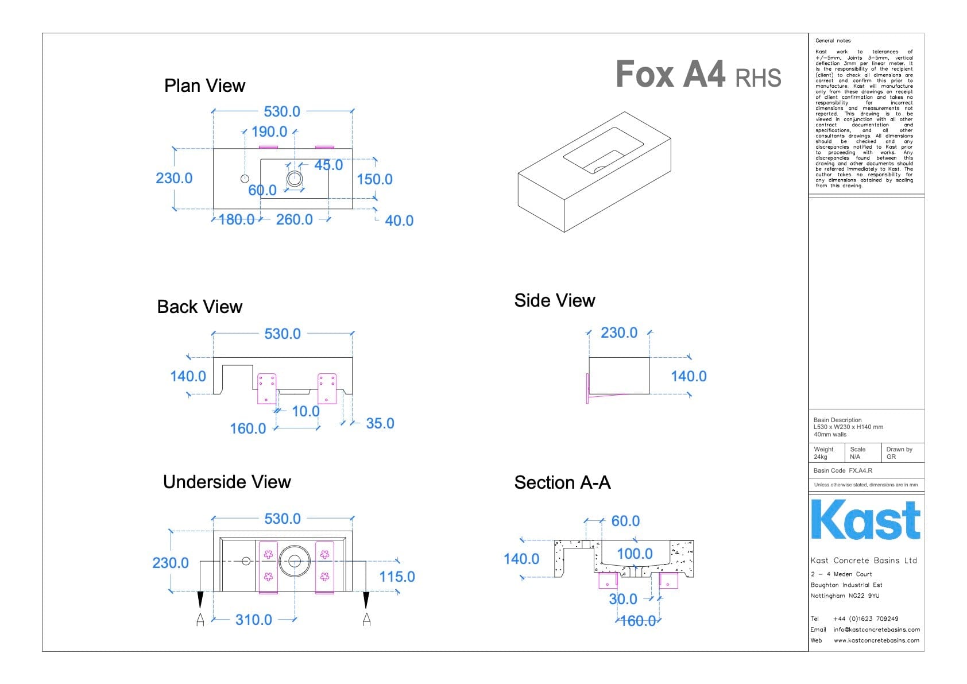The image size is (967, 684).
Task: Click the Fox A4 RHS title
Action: point(698,75)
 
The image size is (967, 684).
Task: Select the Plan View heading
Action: point(204,86)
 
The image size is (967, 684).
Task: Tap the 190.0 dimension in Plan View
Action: point(269,132)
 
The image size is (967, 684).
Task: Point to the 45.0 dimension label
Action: point(328,165)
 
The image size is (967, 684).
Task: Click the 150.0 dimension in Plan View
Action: point(374,179)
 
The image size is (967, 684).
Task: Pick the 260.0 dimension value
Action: point(294,219)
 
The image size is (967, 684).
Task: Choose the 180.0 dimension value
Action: point(237,219)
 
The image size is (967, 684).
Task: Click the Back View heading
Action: point(199,307)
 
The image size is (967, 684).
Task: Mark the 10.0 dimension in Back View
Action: point(305,411)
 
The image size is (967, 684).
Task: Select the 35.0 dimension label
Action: point(380,423)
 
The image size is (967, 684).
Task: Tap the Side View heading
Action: point(554,300)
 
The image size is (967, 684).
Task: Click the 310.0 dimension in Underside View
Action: point(253,620)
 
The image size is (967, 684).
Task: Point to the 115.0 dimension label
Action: point(397,577)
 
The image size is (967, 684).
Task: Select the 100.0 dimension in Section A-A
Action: point(635,554)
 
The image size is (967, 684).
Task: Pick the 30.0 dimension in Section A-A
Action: point(623,599)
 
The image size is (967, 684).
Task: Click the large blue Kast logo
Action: point(865,520)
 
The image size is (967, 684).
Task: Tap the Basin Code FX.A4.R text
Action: point(842,470)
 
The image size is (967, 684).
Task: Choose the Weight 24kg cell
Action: point(825,453)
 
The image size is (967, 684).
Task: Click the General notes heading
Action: point(833,41)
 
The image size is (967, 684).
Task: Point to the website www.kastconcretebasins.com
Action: point(876,640)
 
